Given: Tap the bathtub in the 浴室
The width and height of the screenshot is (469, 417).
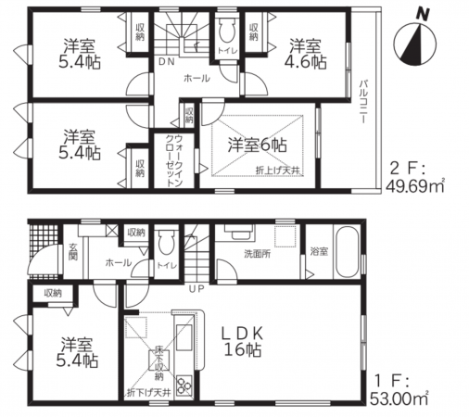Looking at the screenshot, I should (x=344, y=253).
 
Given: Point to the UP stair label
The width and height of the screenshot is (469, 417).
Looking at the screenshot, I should (x=195, y=289).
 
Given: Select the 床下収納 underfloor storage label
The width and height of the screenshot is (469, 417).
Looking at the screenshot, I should (x=159, y=362).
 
